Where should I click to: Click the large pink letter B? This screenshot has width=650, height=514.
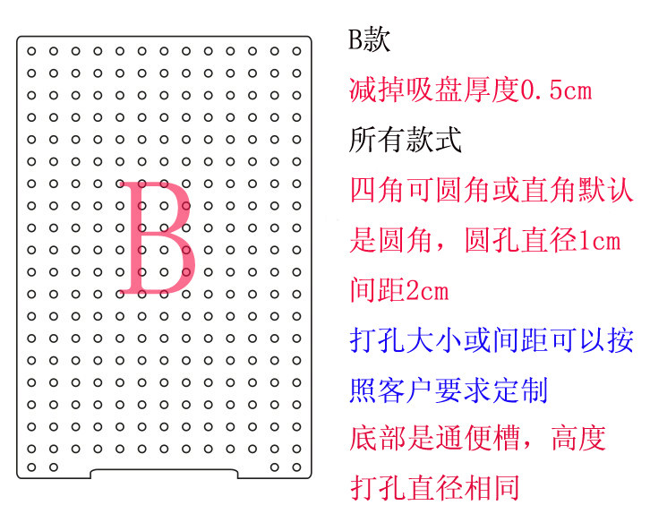[x=158, y=238]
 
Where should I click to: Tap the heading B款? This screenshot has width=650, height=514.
[x=369, y=40]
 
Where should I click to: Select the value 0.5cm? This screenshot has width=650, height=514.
[x=556, y=90]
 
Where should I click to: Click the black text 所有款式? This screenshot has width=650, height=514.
[x=405, y=140]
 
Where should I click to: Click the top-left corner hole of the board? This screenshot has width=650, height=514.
[x=31, y=51]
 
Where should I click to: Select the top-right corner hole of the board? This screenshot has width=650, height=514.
[x=296, y=51]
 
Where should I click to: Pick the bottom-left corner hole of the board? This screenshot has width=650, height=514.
[x=31, y=467]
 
